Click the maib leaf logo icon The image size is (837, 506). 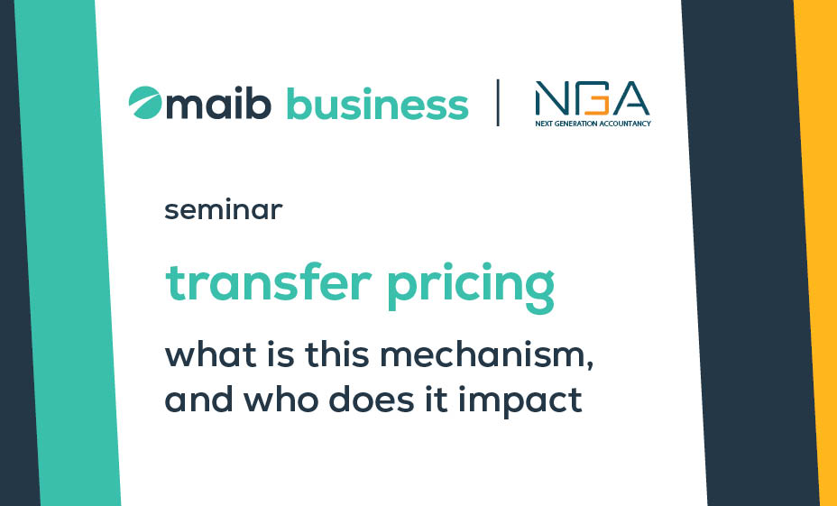point(144,103)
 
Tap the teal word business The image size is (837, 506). point(377,103)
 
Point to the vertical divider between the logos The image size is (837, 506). point(498,103)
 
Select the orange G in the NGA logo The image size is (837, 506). point(597,98)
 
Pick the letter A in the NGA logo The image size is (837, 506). point(631,98)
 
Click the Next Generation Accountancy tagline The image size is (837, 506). point(593,124)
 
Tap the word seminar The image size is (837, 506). point(223,210)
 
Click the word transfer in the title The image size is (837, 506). point(268,283)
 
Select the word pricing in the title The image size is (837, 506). point(471,287)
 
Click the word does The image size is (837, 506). point(372,399)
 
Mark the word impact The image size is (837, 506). point(520,401)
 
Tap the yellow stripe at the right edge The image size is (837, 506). point(815,253)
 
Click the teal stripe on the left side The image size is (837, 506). point(68,253)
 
